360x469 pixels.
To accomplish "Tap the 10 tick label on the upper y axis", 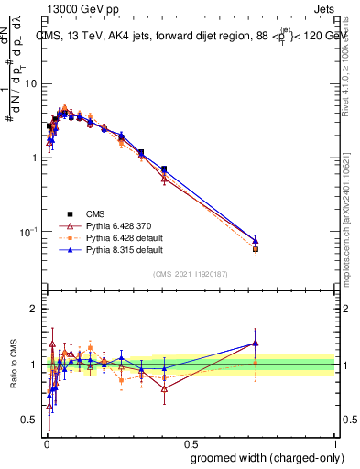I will pos(32,83).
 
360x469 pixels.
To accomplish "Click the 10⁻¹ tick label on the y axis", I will pos(29,232).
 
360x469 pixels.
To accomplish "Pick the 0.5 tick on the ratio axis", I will pos(31,420).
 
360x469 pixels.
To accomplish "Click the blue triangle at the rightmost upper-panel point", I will pos(256,240).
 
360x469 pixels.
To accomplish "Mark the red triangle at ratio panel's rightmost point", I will pos(256,344).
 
